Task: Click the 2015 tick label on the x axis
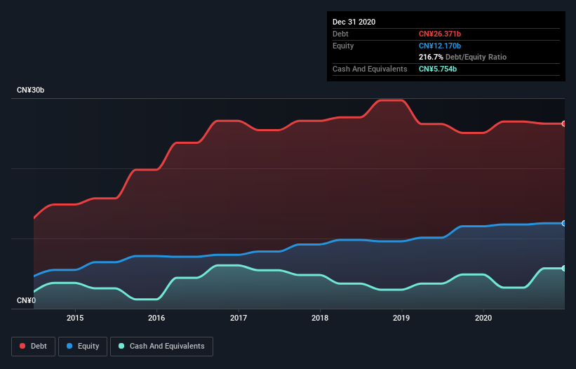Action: pyautogui.click(x=75, y=317)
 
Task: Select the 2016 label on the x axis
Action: pyautogui.click(x=156, y=317)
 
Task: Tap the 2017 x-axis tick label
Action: pyautogui.click(x=239, y=317)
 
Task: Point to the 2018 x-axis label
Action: pyautogui.click(x=320, y=317)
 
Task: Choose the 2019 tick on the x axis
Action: pyautogui.click(x=401, y=317)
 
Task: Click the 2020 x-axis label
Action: pyautogui.click(x=483, y=317)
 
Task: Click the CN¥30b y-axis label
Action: pyautogui.click(x=32, y=90)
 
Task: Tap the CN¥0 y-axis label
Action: pyautogui.click(x=26, y=300)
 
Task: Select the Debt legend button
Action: pyautogui.click(x=34, y=346)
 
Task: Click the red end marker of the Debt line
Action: pyautogui.click(x=563, y=123)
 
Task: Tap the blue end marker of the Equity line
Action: pyautogui.click(x=563, y=223)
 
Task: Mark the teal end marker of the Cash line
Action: pyautogui.click(x=563, y=268)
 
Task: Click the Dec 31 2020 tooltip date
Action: pyautogui.click(x=354, y=22)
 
